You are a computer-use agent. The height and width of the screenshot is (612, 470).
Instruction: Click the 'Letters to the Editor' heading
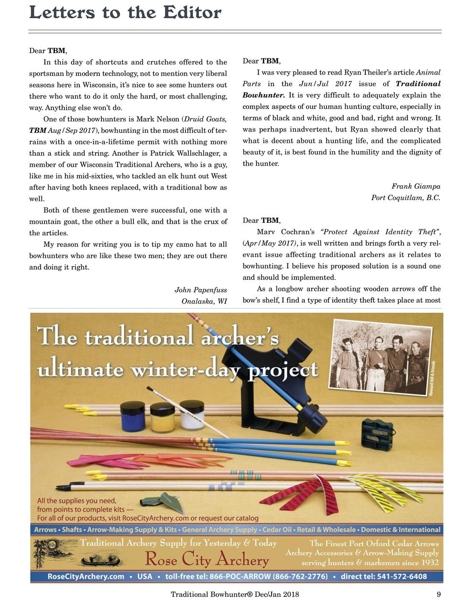125,12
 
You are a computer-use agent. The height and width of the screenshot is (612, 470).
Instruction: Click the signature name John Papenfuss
200,290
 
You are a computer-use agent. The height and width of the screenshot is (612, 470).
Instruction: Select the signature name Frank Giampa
415,186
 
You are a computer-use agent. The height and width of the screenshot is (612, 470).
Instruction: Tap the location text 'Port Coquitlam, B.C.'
405,197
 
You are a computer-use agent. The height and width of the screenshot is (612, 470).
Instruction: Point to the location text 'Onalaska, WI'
204,301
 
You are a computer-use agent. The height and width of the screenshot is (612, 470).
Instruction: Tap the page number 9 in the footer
438,594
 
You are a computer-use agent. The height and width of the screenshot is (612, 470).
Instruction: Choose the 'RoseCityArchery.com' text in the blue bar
86,576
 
